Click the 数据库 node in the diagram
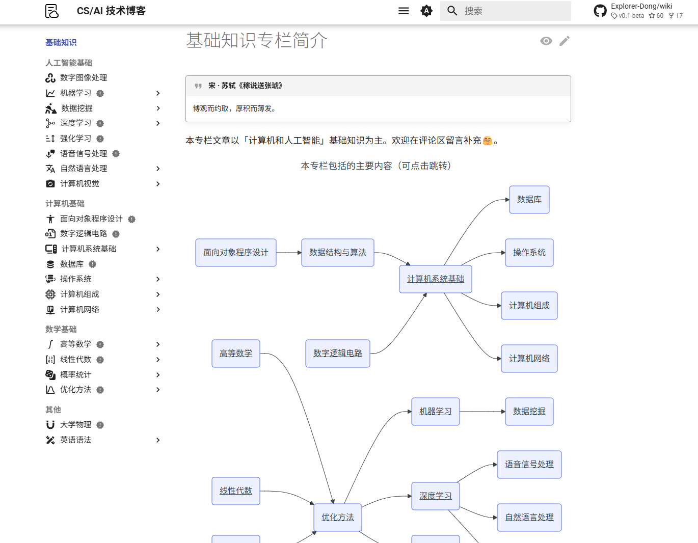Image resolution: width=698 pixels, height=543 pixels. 529,200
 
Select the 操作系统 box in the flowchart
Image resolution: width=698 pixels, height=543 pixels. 529,253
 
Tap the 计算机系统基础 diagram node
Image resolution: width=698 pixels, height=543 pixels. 435,279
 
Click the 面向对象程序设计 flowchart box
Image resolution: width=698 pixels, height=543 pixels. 235,253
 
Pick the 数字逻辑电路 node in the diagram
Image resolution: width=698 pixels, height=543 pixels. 337,354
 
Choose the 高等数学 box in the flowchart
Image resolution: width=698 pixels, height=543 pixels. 235,354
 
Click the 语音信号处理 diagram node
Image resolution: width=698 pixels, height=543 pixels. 529,465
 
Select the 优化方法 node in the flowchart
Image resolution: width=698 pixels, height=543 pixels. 337,518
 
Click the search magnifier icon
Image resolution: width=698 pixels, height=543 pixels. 452,11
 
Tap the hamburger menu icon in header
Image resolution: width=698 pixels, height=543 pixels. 404,11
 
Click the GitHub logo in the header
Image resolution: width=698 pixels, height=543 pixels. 600,11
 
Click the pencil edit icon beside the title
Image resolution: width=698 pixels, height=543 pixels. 565,41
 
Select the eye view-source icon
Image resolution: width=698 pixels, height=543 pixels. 546,41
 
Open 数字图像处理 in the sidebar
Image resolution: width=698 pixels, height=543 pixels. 84,78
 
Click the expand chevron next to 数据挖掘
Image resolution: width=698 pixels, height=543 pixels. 158,108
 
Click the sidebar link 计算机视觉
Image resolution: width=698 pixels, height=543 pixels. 79,184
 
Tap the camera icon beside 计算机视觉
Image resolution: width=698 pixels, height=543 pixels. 50,184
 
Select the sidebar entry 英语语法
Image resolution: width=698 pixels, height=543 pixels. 75,440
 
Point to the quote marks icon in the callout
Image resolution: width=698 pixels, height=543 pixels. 198,86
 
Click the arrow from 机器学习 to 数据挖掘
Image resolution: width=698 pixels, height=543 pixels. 482,412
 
